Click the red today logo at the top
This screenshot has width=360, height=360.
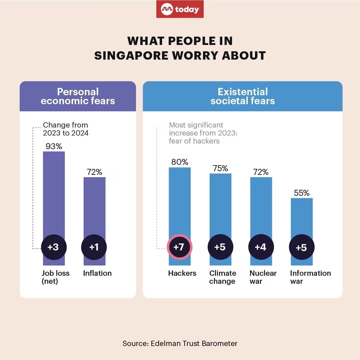coord(180,9)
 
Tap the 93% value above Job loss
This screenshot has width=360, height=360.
coord(54,146)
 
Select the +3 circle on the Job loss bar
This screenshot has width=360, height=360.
coord(54,247)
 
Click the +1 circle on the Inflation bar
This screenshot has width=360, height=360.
coord(94,247)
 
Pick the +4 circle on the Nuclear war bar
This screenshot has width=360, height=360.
coord(261,247)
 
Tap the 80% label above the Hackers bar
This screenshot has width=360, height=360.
coord(180,162)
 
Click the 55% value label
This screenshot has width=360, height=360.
coord(302,193)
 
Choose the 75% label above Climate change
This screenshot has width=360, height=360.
coord(220,169)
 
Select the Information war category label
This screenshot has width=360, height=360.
coord(310,277)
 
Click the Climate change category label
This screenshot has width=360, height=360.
coord(223,277)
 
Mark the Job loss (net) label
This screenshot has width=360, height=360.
coord(56,277)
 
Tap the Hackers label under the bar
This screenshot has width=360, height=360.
coord(182,273)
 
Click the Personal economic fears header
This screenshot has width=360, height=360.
coord(78,96)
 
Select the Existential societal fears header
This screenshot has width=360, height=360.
coord(243,96)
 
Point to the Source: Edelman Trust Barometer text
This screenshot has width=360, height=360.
coord(180,343)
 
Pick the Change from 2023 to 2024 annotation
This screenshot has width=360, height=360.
coord(65,129)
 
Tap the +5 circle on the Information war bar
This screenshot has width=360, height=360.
coord(301,247)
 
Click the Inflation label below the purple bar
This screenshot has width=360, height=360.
coord(97,273)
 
